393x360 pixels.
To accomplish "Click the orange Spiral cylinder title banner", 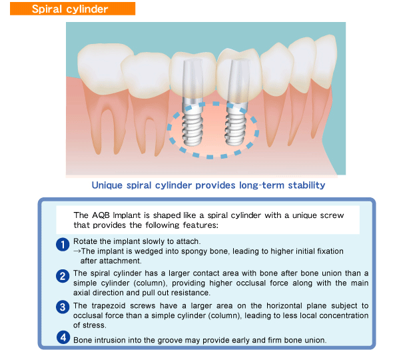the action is pyautogui.click(x=73, y=9).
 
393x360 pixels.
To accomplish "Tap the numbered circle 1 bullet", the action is pyautogui.click(x=63, y=245).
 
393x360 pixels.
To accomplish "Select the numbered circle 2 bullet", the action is pyautogui.click(x=63, y=276).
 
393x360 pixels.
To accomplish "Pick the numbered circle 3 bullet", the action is pyautogui.click(x=63, y=307).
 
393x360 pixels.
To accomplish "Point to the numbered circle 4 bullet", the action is pyautogui.click(x=63, y=337).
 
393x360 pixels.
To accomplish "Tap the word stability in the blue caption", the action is pyautogui.click(x=306, y=185).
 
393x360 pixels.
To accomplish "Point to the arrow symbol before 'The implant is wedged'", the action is pyautogui.click(x=77, y=251).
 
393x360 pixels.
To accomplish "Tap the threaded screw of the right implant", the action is pyautogui.click(x=236, y=127).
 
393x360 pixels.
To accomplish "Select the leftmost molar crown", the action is pyautogui.click(x=103, y=68).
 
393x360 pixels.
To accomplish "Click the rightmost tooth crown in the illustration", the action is pyautogui.click(x=325, y=60).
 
